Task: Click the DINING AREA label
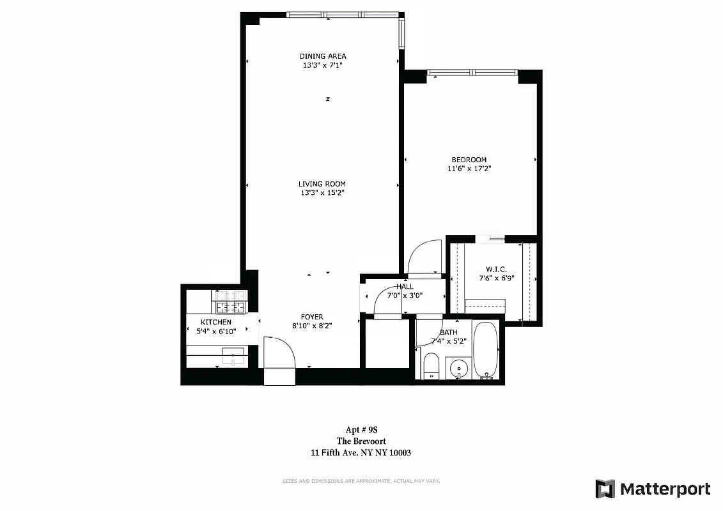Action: tap(322, 56)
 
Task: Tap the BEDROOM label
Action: tap(469, 160)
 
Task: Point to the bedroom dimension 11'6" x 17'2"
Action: tap(469, 169)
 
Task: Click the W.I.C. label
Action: tap(496, 270)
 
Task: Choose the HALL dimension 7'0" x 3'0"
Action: tap(405, 295)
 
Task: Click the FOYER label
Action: tap(312, 317)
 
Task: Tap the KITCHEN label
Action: tap(215, 322)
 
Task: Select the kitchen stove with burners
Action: tap(229, 303)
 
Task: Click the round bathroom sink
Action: tap(458, 369)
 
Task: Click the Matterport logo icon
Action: tap(605, 489)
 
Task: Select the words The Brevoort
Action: tap(361, 441)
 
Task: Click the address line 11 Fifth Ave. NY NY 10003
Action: tap(361, 452)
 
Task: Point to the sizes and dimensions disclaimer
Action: tap(361, 481)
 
